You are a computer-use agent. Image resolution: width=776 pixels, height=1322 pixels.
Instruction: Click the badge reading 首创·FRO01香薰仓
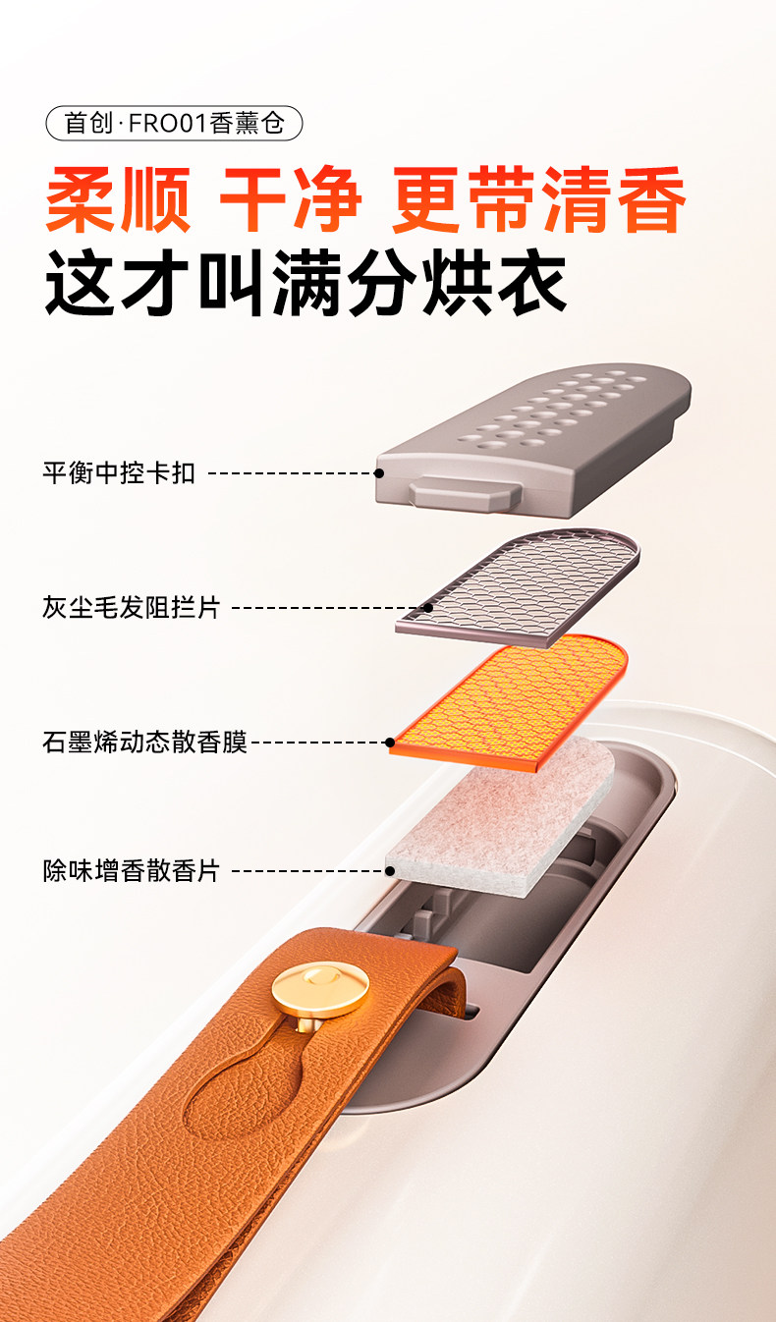click(174, 124)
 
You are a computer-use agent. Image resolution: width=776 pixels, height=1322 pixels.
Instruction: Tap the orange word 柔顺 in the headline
click(119, 199)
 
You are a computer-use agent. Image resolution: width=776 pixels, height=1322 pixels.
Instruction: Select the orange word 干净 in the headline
click(291, 199)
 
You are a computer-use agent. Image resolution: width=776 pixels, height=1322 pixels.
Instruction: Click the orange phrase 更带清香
click(538, 199)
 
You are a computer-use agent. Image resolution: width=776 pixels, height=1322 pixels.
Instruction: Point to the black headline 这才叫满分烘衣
click(305, 283)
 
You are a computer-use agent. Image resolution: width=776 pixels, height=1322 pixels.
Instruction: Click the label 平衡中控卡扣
click(119, 473)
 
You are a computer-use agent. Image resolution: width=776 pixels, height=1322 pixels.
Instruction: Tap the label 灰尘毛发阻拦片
click(132, 607)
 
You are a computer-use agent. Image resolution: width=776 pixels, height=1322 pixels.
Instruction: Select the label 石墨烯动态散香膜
click(144, 742)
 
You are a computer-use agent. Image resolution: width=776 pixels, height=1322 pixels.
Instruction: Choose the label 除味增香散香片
click(132, 870)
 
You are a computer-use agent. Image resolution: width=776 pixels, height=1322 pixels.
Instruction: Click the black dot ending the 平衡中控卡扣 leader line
click(379, 473)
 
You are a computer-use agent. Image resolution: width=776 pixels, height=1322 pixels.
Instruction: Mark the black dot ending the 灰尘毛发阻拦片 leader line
click(428, 607)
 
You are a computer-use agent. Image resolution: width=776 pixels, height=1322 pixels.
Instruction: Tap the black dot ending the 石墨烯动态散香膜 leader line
click(390, 742)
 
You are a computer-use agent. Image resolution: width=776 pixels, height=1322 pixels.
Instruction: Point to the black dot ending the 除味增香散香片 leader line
click(390, 870)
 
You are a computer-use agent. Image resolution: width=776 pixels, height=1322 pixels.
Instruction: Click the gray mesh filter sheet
click(518, 587)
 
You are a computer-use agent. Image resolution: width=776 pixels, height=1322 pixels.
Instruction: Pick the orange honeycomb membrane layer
click(509, 702)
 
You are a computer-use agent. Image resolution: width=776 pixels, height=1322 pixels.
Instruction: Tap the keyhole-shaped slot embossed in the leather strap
click(248, 1086)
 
